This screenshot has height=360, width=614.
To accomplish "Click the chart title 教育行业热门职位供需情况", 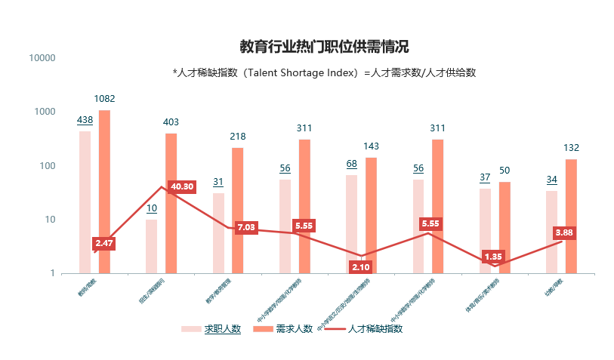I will tap(324, 47).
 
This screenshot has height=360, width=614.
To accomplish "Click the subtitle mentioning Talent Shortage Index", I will tap(324, 72).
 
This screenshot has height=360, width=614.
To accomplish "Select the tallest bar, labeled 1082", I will tap(104, 192).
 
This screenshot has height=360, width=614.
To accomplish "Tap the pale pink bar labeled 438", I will tap(85, 202).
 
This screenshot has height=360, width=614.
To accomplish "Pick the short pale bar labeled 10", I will tap(152, 246).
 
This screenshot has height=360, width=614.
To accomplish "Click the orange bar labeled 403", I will tap(171, 203).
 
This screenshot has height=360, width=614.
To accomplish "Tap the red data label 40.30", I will tap(182, 186).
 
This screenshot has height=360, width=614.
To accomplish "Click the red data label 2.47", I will tap(104, 243).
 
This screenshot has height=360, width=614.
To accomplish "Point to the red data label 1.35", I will tap(492, 257).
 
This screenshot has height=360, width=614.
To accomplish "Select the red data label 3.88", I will tap(563, 232).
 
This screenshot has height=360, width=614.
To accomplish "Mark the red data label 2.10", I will tap(360, 266).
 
